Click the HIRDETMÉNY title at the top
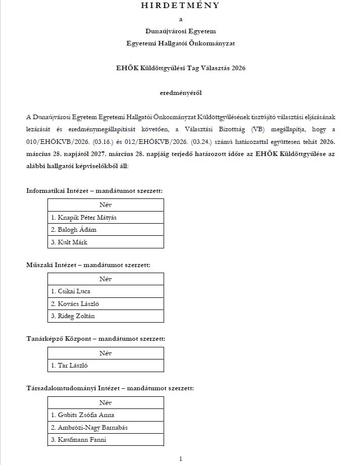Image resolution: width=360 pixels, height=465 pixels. (180, 6)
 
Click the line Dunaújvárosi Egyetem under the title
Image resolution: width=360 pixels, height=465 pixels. (180, 31)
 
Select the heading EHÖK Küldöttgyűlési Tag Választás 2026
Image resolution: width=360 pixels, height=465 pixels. (180, 68)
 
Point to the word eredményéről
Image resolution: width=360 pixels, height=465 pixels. (180, 93)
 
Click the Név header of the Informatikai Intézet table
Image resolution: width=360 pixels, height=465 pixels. (106, 205)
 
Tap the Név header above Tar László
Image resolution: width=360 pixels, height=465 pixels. (106, 353)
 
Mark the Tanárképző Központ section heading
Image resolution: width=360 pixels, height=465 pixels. (95, 339)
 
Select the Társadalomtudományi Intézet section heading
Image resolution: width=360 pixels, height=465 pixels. (110, 388)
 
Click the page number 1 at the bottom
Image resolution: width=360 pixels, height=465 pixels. (180, 458)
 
